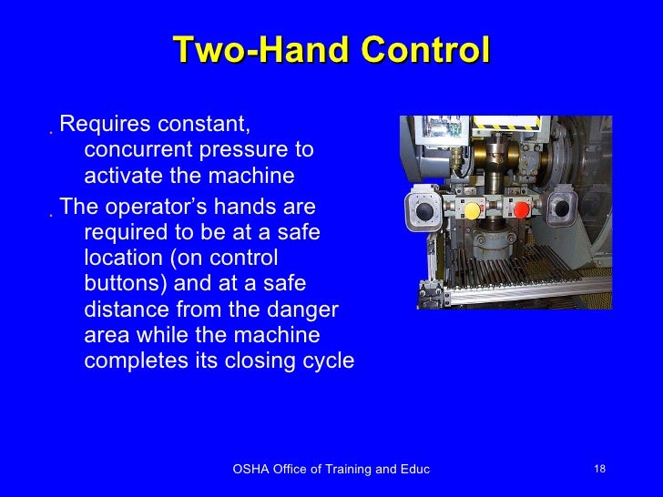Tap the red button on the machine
[x=522, y=211]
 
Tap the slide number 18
[x=599, y=469]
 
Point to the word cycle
[x=326, y=361]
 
